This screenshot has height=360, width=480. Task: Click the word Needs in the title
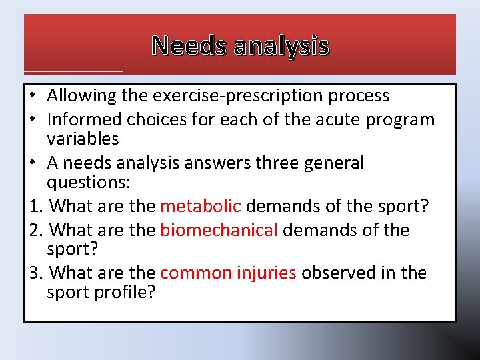(x=189, y=46)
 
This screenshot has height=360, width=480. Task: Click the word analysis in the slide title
(x=281, y=46)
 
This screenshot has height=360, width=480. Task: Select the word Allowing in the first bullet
(x=82, y=96)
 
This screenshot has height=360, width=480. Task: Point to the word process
(x=358, y=96)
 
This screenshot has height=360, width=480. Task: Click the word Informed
(x=85, y=120)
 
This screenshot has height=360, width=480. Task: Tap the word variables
(x=83, y=139)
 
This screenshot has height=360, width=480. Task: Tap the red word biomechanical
(x=219, y=231)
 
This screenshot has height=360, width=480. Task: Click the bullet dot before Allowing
(x=32, y=97)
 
